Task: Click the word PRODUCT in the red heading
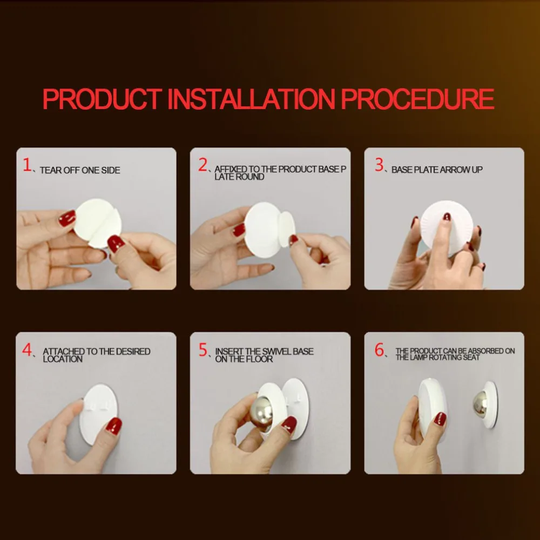click(x=102, y=99)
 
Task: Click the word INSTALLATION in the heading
click(x=251, y=99)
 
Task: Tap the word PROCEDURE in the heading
click(x=417, y=99)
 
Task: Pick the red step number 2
click(x=202, y=165)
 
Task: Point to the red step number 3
click(x=380, y=165)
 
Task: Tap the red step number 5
click(x=204, y=350)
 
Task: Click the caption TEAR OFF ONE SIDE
click(x=80, y=170)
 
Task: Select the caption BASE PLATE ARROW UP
click(x=437, y=170)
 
